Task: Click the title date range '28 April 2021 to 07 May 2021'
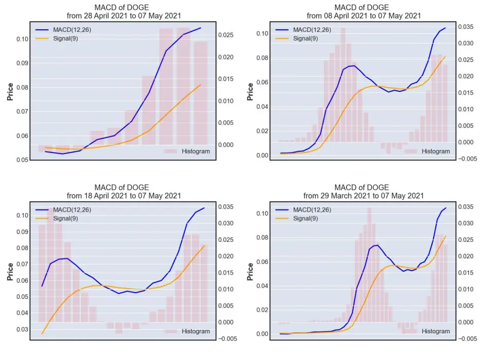coord(132,16)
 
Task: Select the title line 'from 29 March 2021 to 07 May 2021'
coord(363,196)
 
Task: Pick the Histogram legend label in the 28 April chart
coord(196,151)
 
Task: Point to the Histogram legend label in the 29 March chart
coord(436,331)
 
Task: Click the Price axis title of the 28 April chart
coord(10,91)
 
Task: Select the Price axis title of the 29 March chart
coord(250,272)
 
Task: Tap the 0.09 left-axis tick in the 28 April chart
coord(23,63)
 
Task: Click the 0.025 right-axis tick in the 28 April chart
coord(226,35)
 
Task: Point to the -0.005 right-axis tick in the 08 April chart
coord(468,159)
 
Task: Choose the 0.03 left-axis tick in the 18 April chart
coord(23,329)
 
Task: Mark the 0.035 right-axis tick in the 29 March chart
coord(466,207)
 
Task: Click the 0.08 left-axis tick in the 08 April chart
coord(262,58)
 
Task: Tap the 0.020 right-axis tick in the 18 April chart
coord(226,256)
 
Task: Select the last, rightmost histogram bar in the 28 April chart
coord(201,93)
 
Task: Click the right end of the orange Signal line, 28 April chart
coord(201,85)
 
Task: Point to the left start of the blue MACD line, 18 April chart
coord(42,286)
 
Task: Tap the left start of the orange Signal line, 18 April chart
coord(42,334)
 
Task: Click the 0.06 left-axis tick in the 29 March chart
coord(262,262)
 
